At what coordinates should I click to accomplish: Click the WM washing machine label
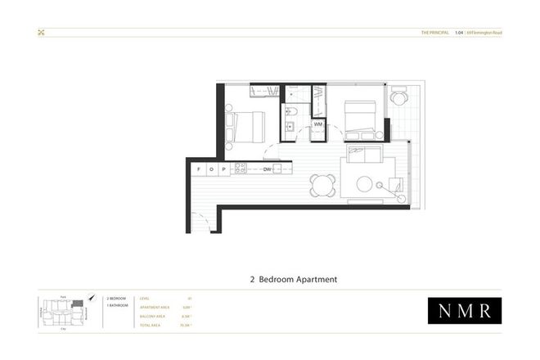[317, 124]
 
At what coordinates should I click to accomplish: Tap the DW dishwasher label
[268, 169]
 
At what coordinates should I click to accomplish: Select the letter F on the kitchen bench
[199, 169]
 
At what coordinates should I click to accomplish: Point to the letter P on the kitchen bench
[223, 169]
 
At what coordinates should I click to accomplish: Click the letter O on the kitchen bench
[210, 169]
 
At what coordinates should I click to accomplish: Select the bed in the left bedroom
[246, 127]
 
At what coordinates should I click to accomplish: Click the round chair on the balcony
[398, 97]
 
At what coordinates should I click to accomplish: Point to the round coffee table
[365, 184]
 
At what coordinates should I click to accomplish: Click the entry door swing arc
[198, 219]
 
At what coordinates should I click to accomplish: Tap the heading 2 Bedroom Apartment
[294, 279]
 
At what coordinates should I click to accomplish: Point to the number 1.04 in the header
[460, 33]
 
